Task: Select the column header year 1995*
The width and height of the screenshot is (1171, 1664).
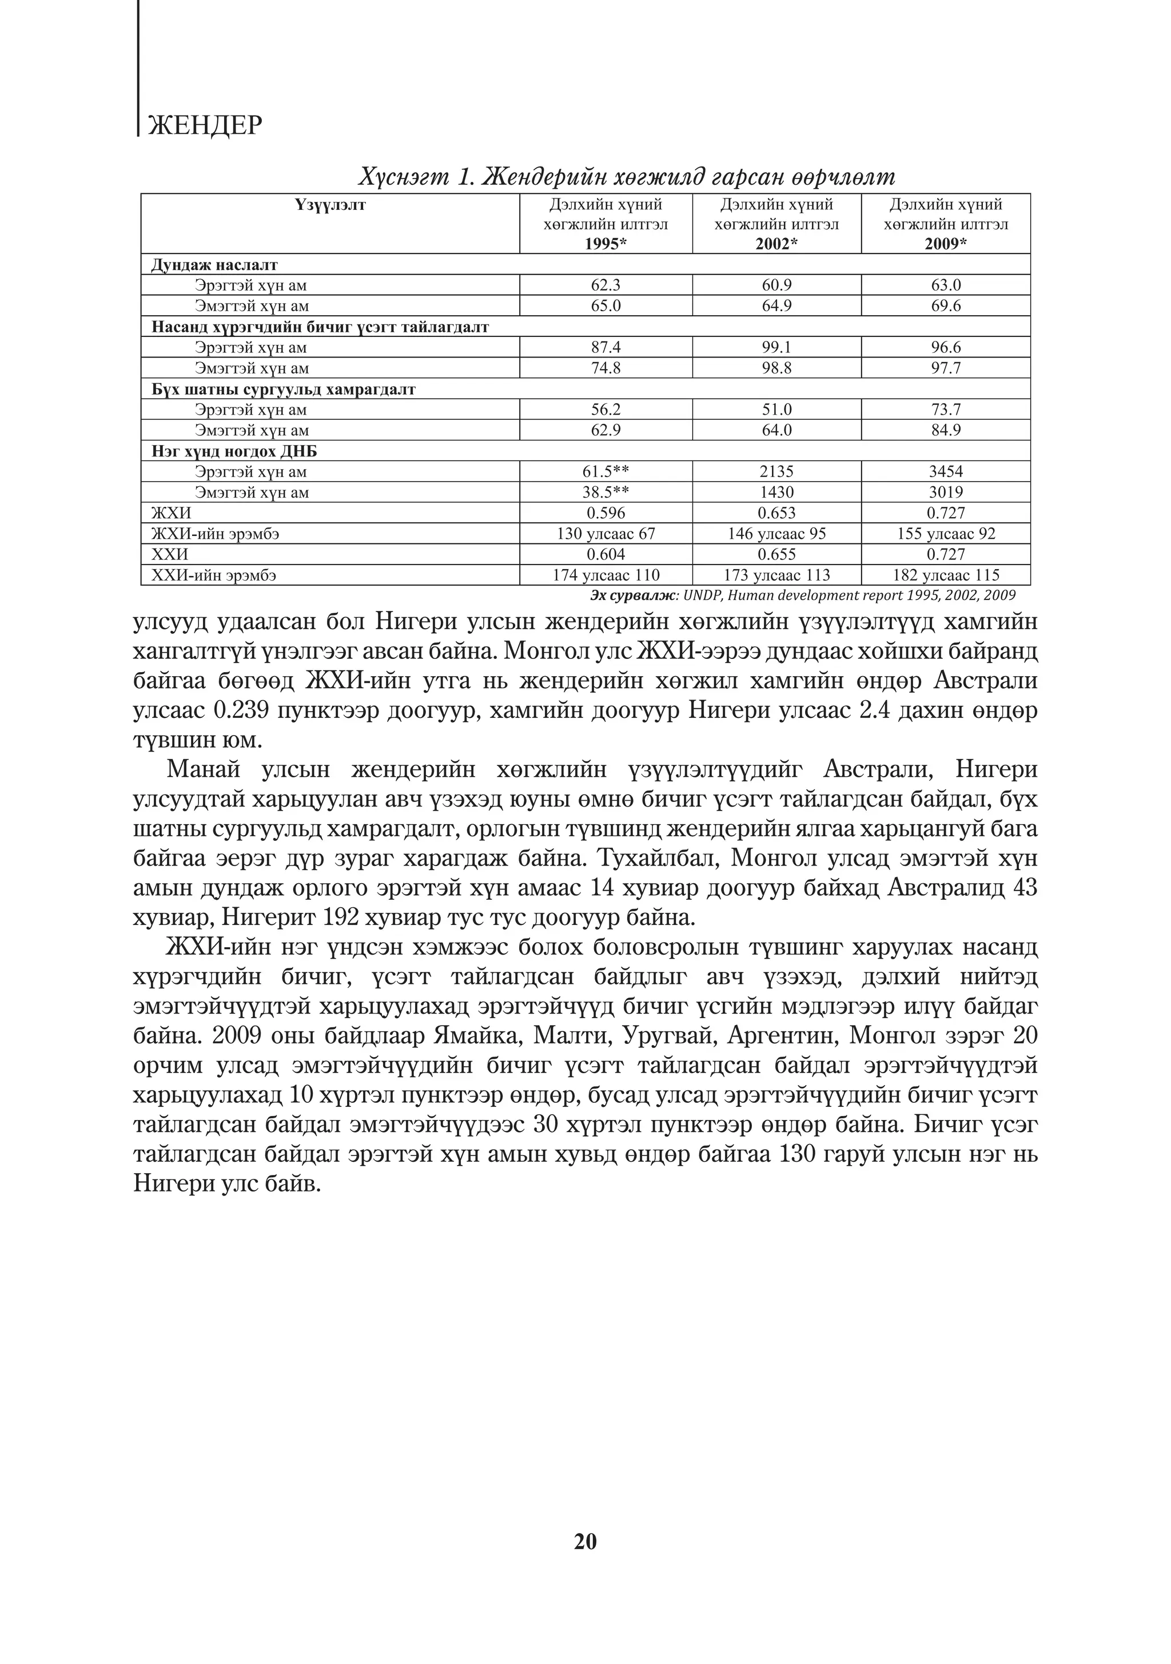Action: (606, 244)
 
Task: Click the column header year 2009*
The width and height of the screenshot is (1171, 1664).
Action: (946, 244)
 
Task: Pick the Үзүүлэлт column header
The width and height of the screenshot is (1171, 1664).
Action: (330, 205)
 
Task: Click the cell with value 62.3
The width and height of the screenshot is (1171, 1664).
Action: (606, 285)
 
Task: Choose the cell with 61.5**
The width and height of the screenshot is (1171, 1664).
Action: (606, 472)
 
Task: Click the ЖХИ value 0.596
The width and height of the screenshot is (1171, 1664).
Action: (606, 513)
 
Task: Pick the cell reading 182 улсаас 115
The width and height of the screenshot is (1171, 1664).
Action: (946, 575)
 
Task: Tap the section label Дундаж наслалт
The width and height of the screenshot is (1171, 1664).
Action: (214, 264)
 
